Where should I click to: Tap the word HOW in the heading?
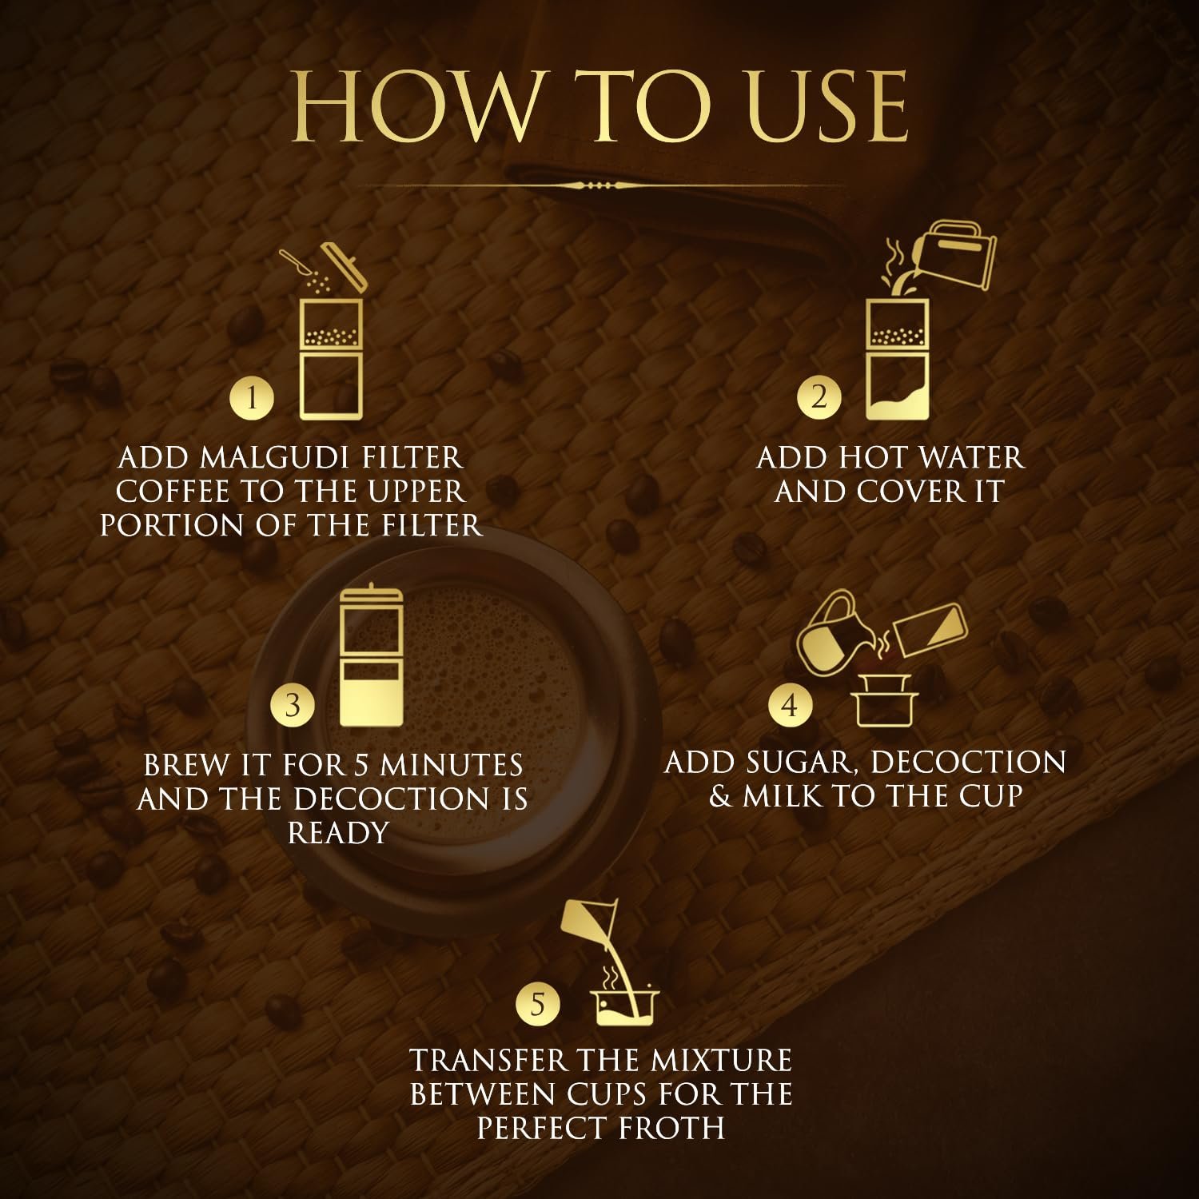pyautogui.click(x=415, y=106)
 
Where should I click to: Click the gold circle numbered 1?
pyautogui.click(x=252, y=397)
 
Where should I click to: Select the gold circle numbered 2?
pyautogui.click(x=819, y=396)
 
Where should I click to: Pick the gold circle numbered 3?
pyautogui.click(x=293, y=705)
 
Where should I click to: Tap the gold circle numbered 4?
pyautogui.click(x=790, y=705)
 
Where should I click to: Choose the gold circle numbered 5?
pyautogui.click(x=538, y=1003)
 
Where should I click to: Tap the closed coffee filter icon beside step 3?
pyautogui.click(x=372, y=657)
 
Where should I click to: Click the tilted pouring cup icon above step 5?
pyautogui.click(x=589, y=922)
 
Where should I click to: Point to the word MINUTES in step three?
pyautogui.click(x=452, y=766)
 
